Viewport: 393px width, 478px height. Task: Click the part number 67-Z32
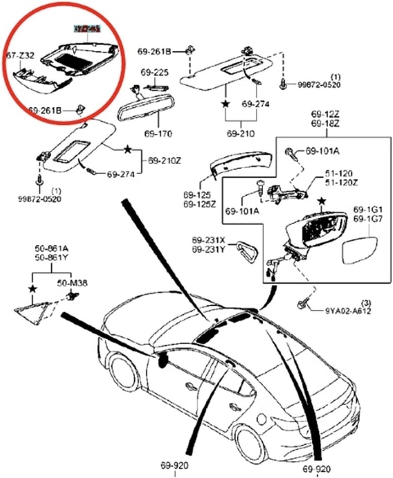pos(20,56)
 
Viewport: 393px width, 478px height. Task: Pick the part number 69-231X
pos(208,240)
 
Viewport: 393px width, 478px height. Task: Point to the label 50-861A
pos(51,249)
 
